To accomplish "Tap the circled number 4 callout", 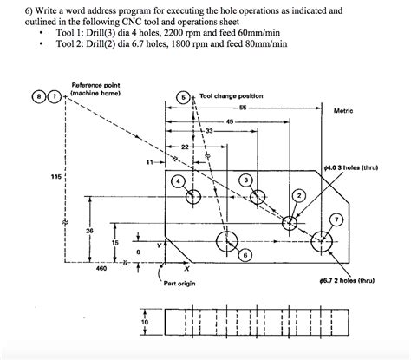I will [178, 181].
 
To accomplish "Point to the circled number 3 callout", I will [247, 180].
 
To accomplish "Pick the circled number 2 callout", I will [298, 196].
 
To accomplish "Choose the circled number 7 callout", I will [336, 218].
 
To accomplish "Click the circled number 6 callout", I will [246, 255].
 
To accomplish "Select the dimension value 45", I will [229, 121].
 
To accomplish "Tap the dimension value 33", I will [209, 130].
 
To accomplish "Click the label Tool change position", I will [231, 95].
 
